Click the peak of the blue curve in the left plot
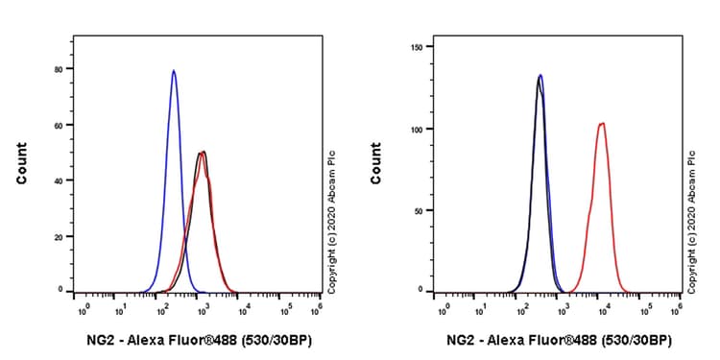174,71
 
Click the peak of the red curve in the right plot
602,123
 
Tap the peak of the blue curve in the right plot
540,75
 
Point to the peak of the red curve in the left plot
204,152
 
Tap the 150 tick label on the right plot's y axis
416,46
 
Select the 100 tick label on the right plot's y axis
416,128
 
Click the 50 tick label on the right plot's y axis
419,209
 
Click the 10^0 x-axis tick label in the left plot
83,309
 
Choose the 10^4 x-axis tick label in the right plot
600,309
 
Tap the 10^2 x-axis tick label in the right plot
521,309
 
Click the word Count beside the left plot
21,163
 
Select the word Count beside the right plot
375,163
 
